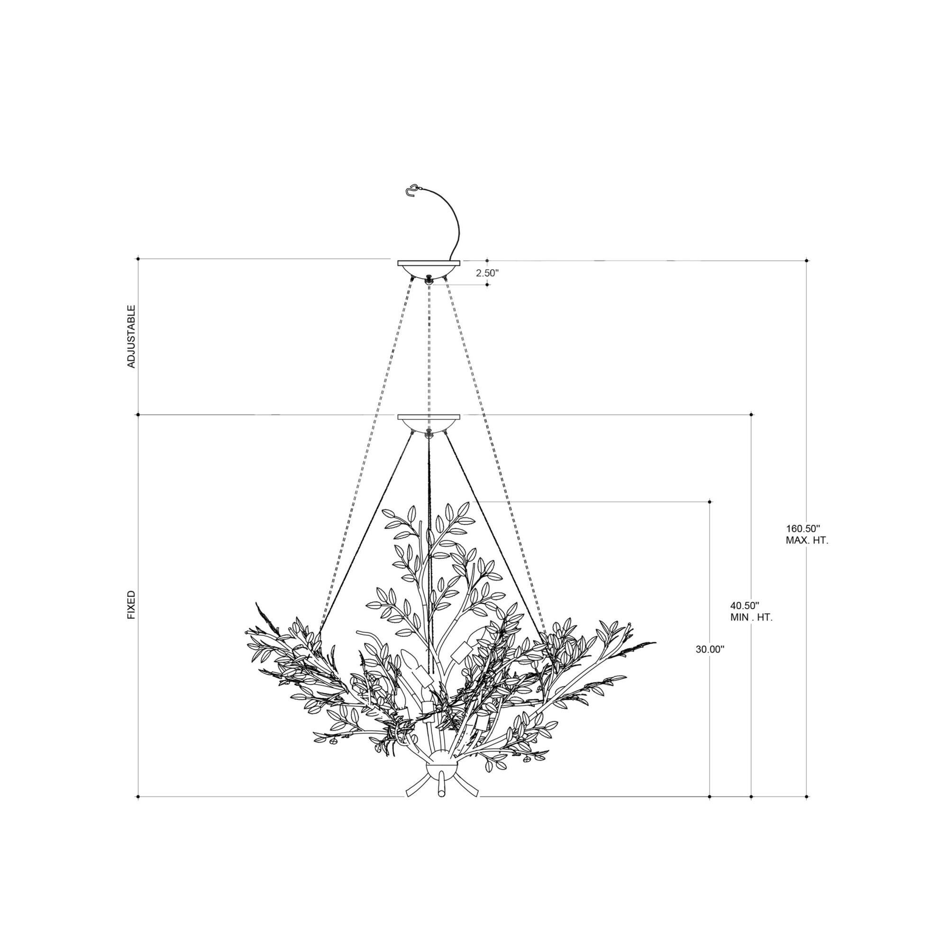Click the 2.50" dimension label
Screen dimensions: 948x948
(487, 273)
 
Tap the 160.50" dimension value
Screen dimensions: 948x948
(803, 529)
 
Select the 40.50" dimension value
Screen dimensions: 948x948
(744, 605)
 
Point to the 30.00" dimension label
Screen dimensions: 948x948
(710, 649)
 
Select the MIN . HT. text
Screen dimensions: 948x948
(751, 618)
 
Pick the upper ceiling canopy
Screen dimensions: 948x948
(428, 268)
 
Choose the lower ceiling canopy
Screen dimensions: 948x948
(428, 421)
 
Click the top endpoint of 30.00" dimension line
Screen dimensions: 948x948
(710, 501)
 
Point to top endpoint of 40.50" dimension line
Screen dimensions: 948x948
(751, 415)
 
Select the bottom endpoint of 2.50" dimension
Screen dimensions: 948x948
(487, 284)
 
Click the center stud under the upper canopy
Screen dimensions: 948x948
(429, 279)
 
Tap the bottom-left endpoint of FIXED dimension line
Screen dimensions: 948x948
(138, 810)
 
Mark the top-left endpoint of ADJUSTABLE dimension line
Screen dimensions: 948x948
(138, 258)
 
